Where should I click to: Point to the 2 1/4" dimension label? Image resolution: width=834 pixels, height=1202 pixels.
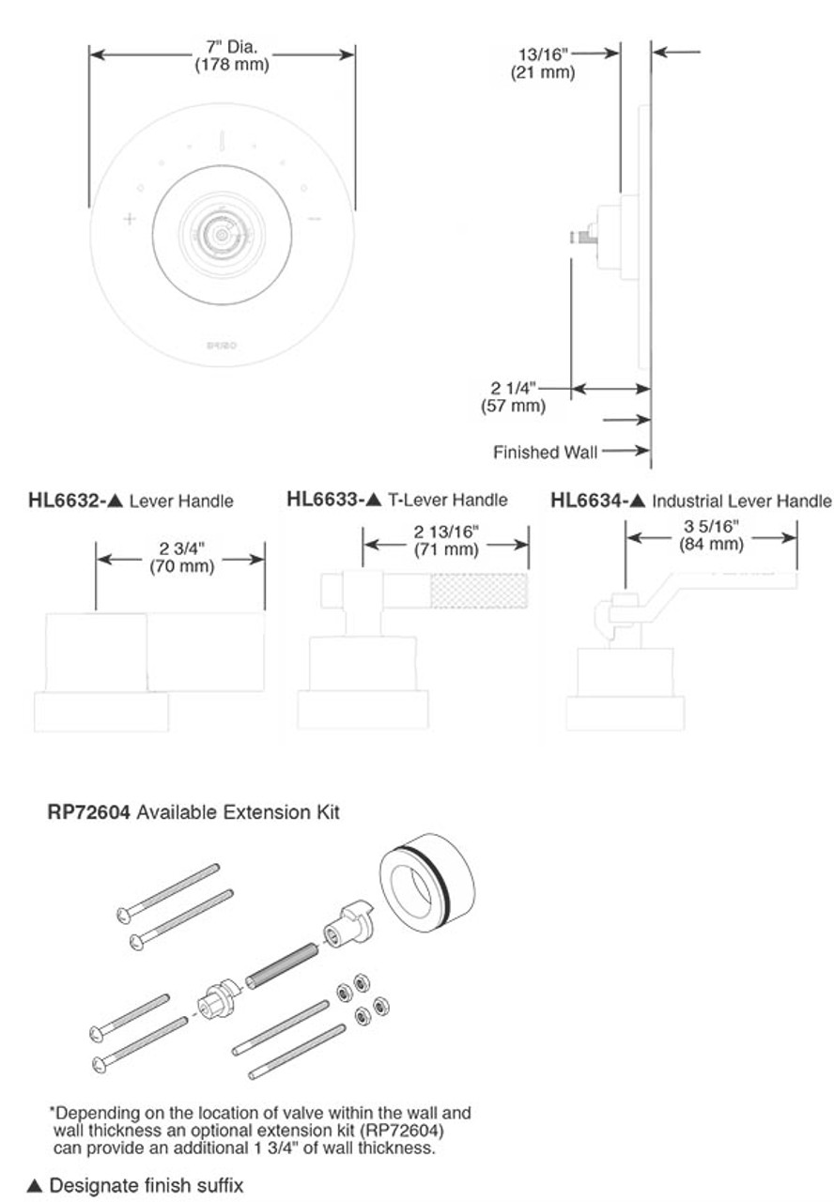coord(512,388)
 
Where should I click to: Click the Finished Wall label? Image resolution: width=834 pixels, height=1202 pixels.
coord(545,453)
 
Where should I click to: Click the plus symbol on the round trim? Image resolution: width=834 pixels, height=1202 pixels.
coord(130,220)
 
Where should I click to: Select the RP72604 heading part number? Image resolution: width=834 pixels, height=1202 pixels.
coord(89,812)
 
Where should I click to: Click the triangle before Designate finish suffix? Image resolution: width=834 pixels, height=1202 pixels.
coord(35,1186)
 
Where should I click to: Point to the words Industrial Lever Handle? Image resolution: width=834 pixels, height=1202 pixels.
coord(742,501)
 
